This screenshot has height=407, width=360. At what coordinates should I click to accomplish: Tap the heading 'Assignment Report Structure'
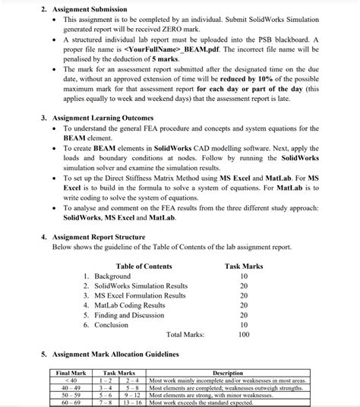tap(98, 237)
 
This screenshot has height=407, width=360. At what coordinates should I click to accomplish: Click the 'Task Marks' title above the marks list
tap(244, 266)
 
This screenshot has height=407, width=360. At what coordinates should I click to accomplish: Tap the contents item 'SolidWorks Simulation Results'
tap(141, 286)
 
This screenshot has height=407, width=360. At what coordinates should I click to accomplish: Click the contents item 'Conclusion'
tap(112, 325)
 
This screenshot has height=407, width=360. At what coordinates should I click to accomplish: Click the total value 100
tap(244, 335)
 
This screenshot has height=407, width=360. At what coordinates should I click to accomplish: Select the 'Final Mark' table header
tap(71, 373)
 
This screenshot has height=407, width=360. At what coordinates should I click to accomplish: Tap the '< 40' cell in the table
tap(71, 380)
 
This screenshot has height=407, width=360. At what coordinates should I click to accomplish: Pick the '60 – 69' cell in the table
tap(71, 402)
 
